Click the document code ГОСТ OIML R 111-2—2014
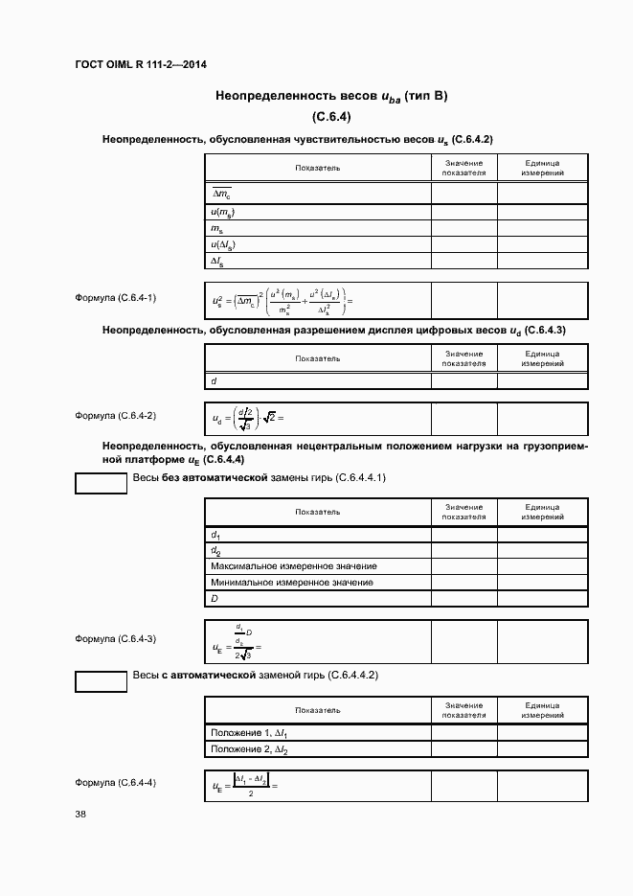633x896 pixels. [x=141, y=64]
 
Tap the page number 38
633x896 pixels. [x=80, y=815]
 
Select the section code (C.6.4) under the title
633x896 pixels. [x=332, y=117]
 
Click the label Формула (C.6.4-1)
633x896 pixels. [x=115, y=298]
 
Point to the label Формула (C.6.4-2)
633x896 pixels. [x=115, y=416]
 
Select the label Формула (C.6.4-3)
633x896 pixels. [x=115, y=638]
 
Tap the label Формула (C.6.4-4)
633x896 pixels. [x=115, y=783]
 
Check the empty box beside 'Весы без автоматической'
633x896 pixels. [x=101, y=483]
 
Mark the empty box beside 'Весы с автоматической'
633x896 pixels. [x=101, y=681]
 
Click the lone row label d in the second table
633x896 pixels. [x=214, y=380]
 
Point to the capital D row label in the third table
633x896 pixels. [x=215, y=599]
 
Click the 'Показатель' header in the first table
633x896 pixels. [x=317, y=168]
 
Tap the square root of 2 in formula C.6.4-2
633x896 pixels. [x=271, y=417]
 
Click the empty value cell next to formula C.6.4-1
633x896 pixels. [x=463, y=300]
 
